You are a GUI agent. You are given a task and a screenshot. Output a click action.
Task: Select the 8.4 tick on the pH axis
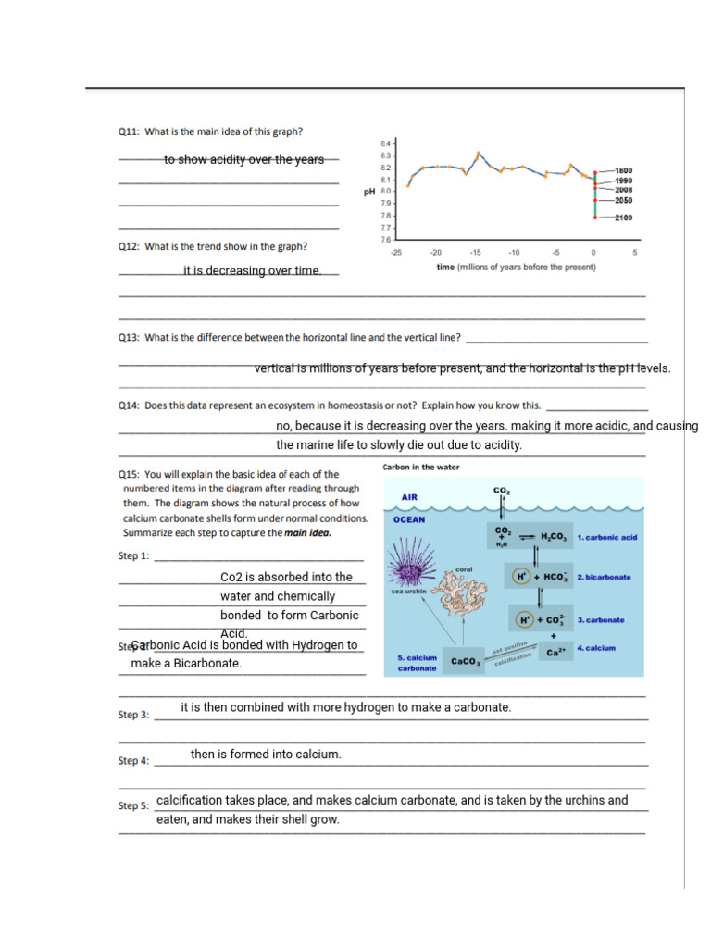tap(386, 144)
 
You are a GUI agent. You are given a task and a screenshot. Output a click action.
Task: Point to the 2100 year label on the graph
tap(623, 218)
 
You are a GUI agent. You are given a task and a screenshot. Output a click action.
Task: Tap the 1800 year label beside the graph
tap(623, 171)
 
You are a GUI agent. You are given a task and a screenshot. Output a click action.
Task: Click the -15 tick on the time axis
tap(475, 251)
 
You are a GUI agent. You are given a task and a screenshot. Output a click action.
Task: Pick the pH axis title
tap(368, 192)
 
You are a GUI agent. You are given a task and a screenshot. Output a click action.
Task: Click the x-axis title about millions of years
tap(516, 267)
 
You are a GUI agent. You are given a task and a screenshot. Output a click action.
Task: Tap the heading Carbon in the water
tap(420, 467)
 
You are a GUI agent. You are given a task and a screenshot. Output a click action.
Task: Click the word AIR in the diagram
tap(409, 497)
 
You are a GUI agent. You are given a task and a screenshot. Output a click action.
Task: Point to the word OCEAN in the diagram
tap(410, 520)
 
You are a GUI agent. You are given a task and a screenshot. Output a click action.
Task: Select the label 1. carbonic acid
tap(607, 537)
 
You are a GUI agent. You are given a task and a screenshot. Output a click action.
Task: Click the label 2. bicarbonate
tap(604, 577)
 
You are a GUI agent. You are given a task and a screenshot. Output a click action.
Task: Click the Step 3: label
tap(133, 715)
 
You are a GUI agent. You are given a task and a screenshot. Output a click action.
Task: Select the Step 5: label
tap(133, 805)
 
